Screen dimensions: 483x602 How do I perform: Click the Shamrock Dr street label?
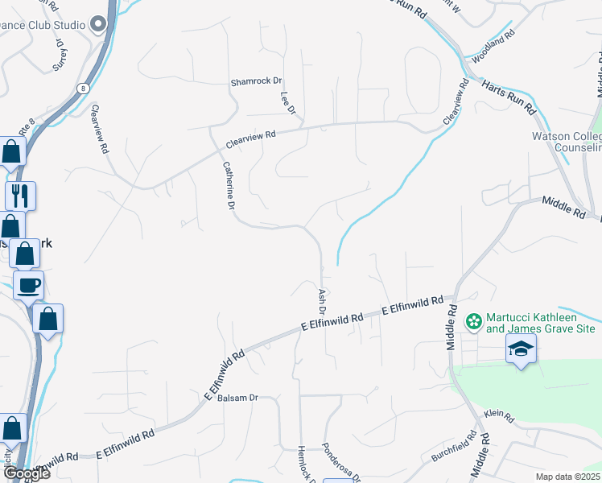tap(257, 81)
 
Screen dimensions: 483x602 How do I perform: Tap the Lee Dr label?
tap(288, 102)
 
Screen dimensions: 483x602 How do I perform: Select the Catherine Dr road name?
tap(228, 184)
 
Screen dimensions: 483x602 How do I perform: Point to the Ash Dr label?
tap(322, 301)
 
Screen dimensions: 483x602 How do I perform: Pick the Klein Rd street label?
tap(498, 416)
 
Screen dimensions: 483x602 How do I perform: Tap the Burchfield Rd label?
tap(453, 447)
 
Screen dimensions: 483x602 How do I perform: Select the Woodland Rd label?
tap(493, 48)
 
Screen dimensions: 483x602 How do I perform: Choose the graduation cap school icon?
tap(521, 349)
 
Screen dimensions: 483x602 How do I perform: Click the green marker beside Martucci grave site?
tap(473, 322)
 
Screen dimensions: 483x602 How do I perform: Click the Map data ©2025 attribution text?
tap(568, 477)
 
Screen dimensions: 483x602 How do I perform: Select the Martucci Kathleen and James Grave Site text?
tap(540, 322)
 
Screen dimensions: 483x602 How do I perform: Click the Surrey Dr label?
tap(59, 57)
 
